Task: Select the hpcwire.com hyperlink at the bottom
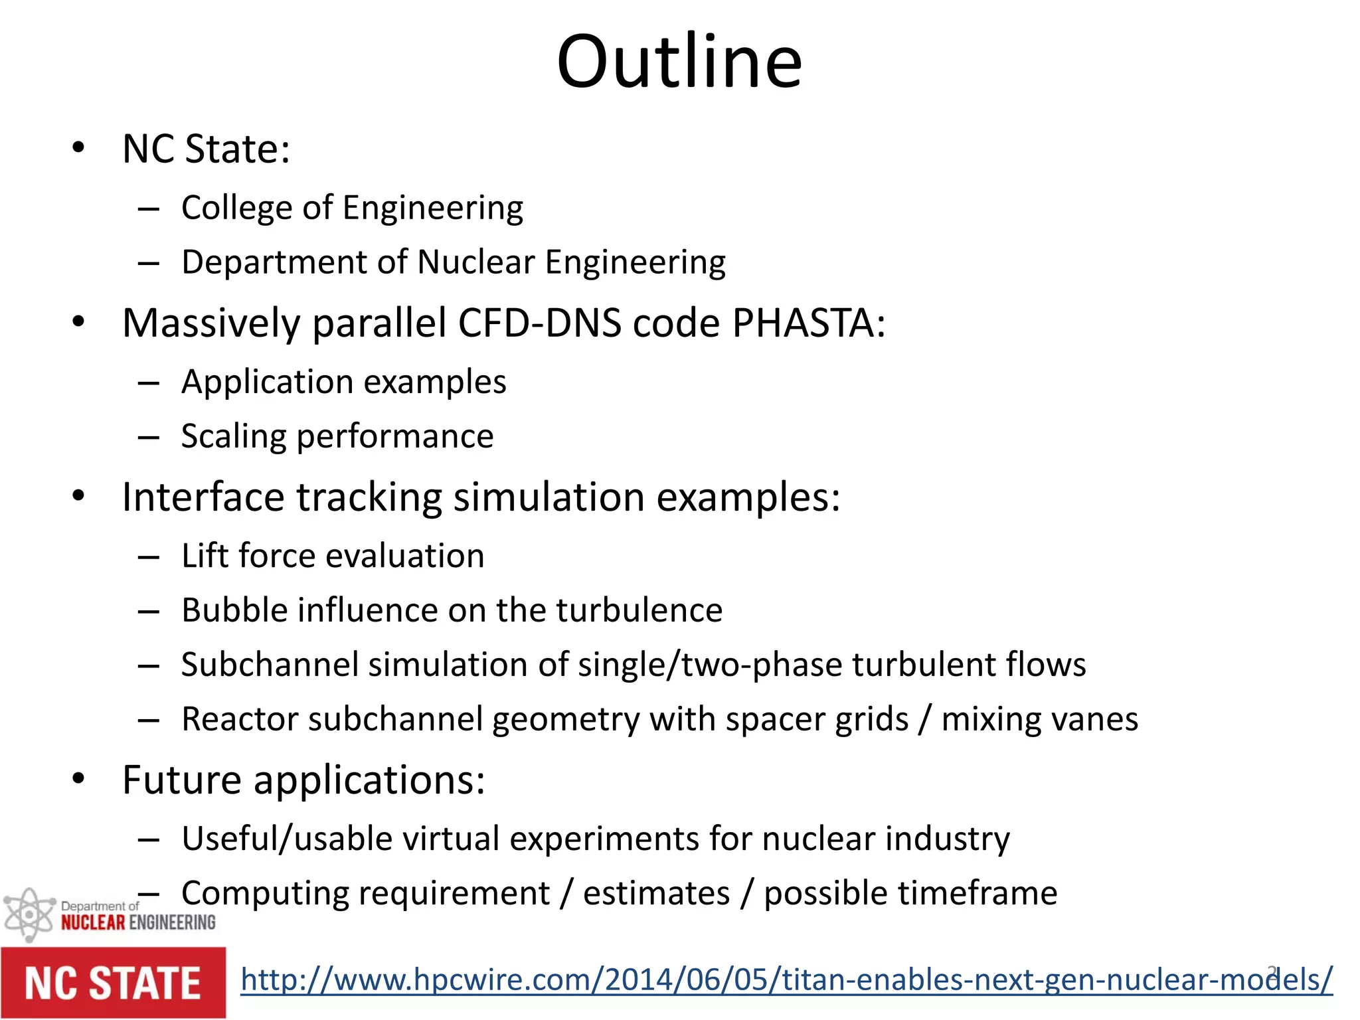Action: coord(786,979)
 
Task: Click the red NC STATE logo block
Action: coord(113,983)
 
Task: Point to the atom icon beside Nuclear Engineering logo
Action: coord(29,914)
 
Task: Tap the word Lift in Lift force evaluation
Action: coord(205,556)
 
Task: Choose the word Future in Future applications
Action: coord(181,780)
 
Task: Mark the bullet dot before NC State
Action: coord(78,148)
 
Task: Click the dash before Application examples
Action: coord(149,383)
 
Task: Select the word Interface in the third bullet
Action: coord(204,497)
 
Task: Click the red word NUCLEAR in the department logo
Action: coord(93,922)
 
